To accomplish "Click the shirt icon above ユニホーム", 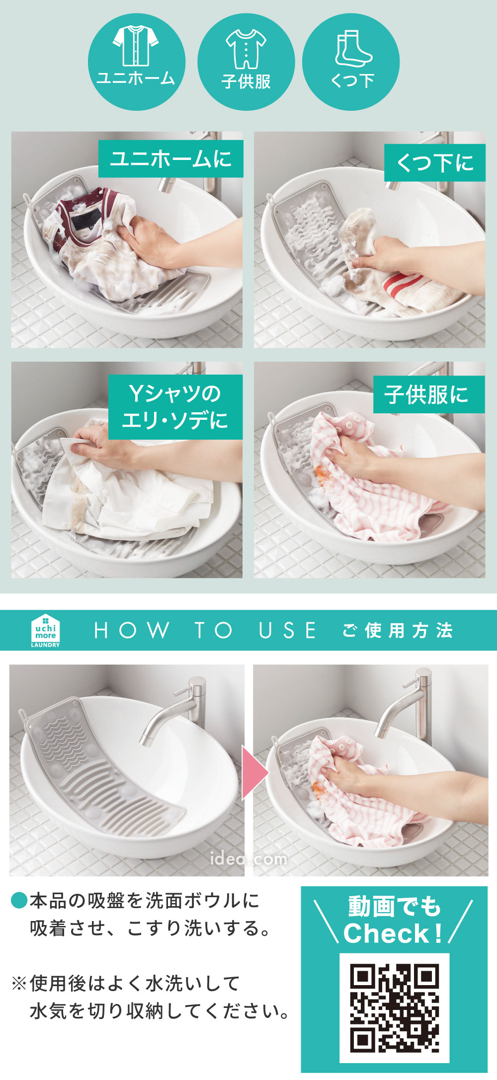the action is click(136, 45).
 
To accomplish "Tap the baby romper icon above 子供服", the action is click(246, 49).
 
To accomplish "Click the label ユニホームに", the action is click(170, 159).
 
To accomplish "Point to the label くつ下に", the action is click(435, 162).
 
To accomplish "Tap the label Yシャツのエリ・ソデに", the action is click(175, 407).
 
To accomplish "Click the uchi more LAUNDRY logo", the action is click(45, 630).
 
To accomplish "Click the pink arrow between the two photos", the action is click(255, 772).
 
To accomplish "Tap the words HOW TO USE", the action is click(205, 630).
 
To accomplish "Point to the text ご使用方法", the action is click(397, 630).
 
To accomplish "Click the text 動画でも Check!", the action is click(393, 920).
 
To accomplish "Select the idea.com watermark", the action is click(248, 858).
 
